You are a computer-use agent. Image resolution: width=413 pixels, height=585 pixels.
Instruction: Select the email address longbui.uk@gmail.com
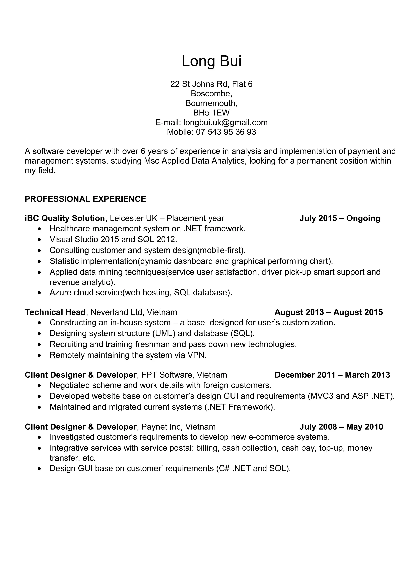coord(225,123)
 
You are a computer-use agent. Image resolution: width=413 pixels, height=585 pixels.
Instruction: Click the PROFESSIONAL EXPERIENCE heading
coord(85,199)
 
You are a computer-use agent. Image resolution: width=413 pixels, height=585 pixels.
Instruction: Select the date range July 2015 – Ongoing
coord(340,218)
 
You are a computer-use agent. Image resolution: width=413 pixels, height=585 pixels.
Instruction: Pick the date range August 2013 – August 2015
coord(329,312)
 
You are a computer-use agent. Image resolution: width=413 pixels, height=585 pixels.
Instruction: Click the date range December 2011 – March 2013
coord(332,375)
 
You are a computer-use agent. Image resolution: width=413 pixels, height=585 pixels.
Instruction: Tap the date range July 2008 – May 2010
coord(341,427)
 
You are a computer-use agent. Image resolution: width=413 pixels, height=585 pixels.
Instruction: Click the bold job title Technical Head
coord(55,312)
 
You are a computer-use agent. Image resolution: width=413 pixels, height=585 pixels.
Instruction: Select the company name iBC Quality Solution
coord(65,218)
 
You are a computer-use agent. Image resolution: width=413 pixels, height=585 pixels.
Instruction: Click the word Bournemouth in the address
coord(211,103)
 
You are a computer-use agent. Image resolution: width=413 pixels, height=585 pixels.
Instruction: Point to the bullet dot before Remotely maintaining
coord(39,355)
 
